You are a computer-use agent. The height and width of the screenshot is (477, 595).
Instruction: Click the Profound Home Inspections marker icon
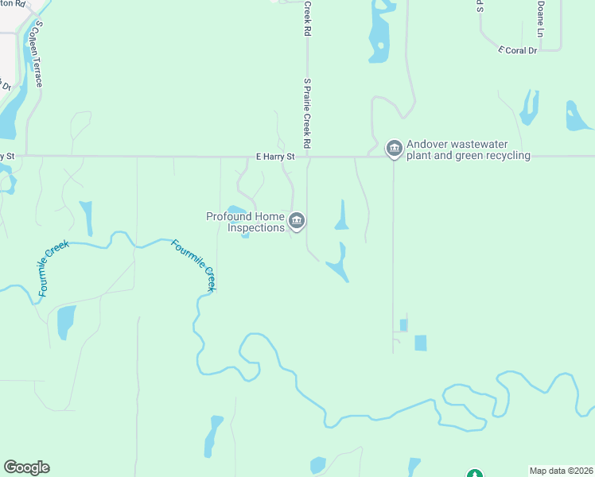click(x=297, y=220)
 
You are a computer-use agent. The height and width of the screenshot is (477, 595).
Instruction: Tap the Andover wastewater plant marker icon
click(x=394, y=149)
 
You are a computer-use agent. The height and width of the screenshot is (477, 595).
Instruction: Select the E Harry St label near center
click(x=275, y=157)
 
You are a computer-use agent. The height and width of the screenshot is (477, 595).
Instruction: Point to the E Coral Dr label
click(x=518, y=50)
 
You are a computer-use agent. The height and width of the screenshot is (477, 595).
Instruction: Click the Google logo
click(x=26, y=467)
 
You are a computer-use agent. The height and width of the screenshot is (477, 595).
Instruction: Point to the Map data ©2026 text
click(x=560, y=471)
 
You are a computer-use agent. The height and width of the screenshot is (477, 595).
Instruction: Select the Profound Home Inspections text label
click(x=245, y=222)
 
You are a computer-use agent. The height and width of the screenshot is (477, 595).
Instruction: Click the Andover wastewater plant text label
click(x=469, y=150)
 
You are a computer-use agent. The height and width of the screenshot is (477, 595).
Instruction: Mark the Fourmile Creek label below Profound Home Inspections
click(x=194, y=266)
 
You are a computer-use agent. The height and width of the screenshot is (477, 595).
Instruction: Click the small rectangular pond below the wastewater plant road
click(x=420, y=343)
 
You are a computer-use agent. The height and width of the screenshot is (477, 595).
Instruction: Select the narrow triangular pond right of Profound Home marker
click(x=342, y=215)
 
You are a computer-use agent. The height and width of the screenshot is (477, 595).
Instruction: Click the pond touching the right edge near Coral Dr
click(x=578, y=118)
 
